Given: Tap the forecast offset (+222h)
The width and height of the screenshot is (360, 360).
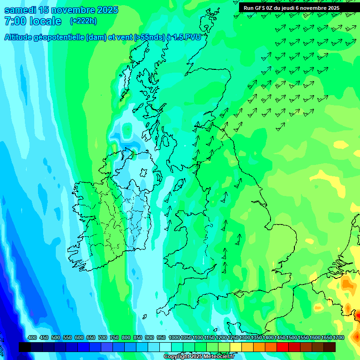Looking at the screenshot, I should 83,21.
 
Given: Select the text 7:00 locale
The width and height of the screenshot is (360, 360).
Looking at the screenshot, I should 33,21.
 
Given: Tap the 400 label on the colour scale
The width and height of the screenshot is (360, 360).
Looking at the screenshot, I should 32,337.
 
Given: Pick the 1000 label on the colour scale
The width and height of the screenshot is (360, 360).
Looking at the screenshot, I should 174,337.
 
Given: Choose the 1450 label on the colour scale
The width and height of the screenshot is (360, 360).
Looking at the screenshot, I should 280,337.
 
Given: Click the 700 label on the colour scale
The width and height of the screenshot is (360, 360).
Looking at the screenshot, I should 103,337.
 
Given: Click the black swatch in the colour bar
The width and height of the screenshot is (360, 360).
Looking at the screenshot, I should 25,347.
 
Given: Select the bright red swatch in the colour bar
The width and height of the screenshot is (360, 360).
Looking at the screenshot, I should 283,347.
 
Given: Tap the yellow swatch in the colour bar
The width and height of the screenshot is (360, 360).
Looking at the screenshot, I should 236,347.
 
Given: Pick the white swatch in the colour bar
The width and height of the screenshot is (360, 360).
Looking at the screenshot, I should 165,347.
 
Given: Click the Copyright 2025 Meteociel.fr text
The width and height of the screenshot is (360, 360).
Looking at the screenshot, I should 199,357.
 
